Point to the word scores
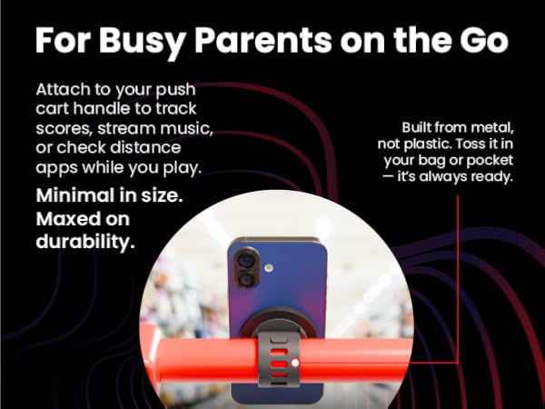point(64,130)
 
